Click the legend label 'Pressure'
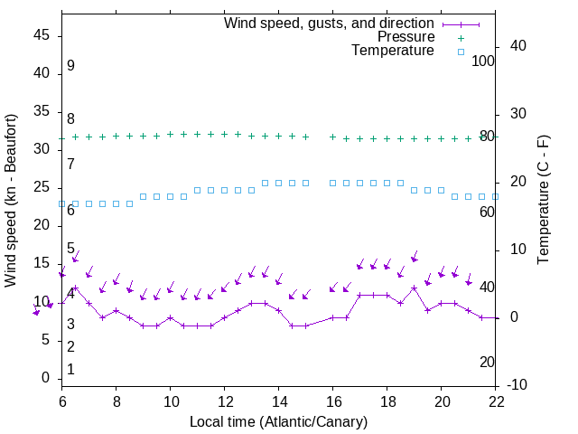(406, 37)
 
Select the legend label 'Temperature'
(393, 51)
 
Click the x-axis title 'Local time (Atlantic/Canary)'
(278, 421)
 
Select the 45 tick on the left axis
(42, 36)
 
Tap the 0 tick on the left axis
(46, 378)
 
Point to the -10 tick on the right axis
(518, 385)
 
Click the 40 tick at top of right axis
(518, 46)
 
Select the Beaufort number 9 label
(70, 66)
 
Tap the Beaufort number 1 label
(70, 369)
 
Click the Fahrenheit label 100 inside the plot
(483, 61)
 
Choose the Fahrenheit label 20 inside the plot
(487, 362)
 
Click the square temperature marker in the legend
(461, 52)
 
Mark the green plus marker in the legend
(461, 38)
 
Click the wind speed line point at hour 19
(415, 288)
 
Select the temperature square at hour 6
(62, 204)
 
